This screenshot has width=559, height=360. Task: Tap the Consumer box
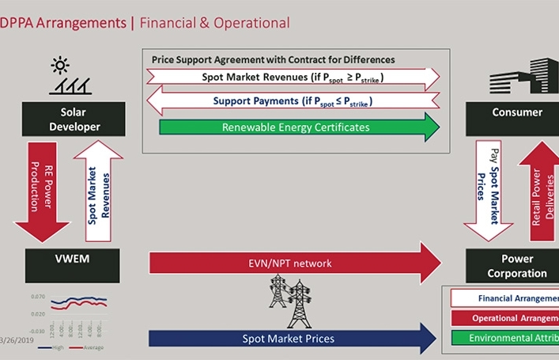517,112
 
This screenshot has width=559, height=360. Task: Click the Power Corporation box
517,266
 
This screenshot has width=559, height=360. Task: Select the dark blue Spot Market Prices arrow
293,339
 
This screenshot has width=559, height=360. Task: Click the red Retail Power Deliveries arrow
538,194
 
